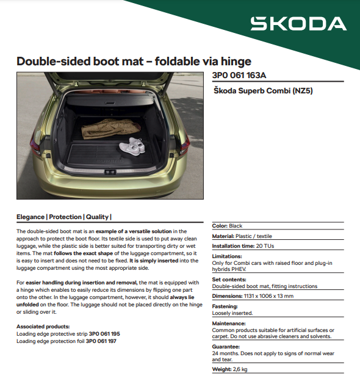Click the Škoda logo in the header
(x=298, y=24)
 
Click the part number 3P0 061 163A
(x=239, y=76)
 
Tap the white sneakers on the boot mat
(x=132, y=146)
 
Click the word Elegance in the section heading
(x=31, y=217)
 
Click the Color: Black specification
(x=227, y=226)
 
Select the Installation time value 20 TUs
(x=265, y=246)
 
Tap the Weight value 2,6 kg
(x=239, y=369)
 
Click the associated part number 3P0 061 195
(x=104, y=334)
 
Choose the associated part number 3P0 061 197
(x=101, y=341)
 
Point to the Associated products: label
(x=43, y=327)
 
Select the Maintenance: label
(x=229, y=323)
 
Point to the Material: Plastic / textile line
(x=242, y=236)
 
